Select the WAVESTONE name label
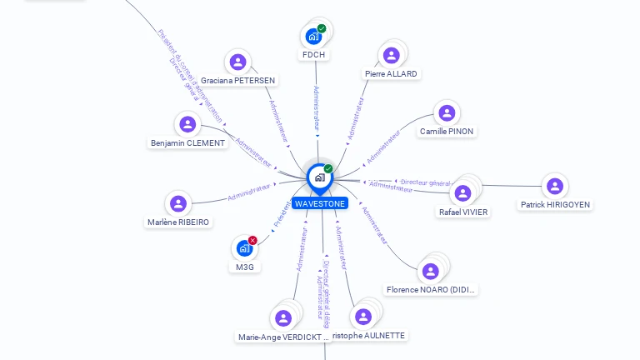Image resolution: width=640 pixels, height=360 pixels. pos(319,203)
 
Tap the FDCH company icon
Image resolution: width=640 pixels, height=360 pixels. pos(313,37)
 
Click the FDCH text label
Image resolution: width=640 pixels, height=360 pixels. pos(314,55)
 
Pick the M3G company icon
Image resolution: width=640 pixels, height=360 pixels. pos(244,248)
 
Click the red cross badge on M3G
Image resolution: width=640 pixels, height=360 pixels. pos(252,240)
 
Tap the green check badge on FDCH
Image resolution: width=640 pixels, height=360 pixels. pos(322,29)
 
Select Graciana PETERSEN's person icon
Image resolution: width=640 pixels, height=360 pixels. pos(238,62)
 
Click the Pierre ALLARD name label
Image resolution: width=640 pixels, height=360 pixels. pos(391,73)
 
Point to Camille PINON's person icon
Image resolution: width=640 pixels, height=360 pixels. pos(447,112)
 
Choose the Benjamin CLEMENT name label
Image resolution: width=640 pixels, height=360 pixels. pos(187,143)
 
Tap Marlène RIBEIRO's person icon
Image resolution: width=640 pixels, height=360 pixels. pos(177,203)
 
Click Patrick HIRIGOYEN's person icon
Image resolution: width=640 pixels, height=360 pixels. pos(555,186)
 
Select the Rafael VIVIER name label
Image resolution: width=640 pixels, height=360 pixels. pos(463,212)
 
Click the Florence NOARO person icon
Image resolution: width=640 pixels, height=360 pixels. pos(430,271)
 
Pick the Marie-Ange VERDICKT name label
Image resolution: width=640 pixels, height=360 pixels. pos(283,337)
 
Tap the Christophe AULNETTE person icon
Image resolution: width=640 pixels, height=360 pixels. pos(362,317)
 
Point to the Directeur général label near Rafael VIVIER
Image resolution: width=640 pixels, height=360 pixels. pos(425,182)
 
